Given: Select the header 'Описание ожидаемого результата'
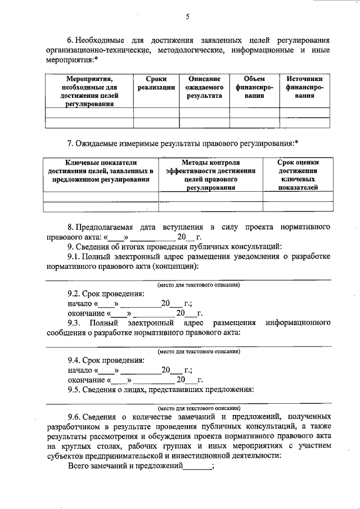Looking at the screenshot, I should tap(205, 88).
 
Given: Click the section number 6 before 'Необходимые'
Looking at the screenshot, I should tap(70, 40).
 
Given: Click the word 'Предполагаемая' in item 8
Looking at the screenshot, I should tap(105, 226).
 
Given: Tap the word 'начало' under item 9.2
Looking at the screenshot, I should tap(80, 304).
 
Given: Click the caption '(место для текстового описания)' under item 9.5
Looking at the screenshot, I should tap(199, 408).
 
